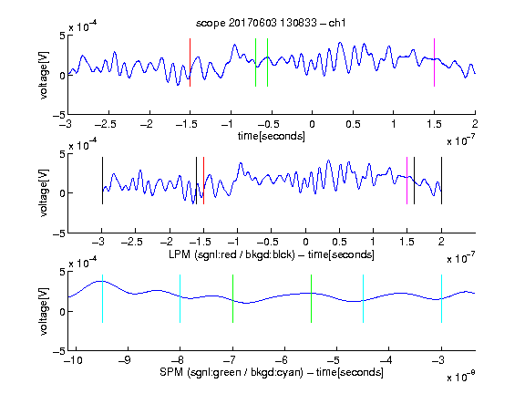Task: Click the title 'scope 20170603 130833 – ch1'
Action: click(271, 23)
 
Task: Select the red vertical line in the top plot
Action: click(190, 63)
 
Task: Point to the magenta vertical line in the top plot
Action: click(434, 63)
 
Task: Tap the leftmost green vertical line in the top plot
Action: click(255, 63)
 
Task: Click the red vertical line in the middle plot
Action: click(203, 181)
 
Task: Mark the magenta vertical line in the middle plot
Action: click(407, 181)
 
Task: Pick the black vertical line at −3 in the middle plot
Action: click(102, 181)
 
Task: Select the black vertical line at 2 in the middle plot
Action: click(441, 181)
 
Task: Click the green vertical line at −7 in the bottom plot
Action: click(232, 298)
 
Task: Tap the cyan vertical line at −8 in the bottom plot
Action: click(180, 298)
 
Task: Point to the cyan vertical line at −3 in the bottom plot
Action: click(441, 298)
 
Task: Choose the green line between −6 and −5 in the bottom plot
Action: click(311, 298)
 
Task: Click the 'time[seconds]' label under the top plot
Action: click(272, 136)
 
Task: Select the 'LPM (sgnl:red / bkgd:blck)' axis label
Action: click(232, 254)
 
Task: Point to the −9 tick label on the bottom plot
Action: click(125, 360)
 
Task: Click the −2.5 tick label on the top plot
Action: click(106, 124)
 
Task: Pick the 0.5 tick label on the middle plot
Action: click(339, 242)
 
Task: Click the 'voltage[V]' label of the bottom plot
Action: click(44, 311)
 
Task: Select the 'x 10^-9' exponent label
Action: click(460, 377)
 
